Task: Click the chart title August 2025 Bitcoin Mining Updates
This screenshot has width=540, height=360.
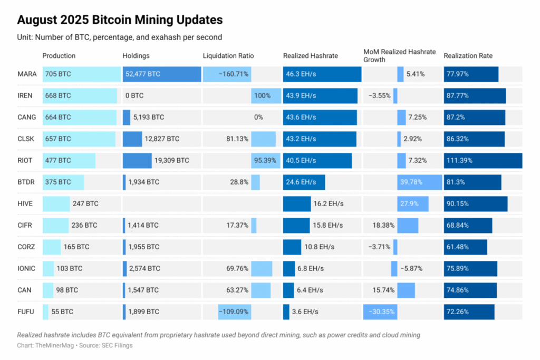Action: [120, 20]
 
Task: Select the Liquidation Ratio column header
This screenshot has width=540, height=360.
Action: [228, 56]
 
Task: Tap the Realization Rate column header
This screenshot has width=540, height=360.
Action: [468, 56]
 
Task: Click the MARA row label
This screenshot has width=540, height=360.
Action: [26, 74]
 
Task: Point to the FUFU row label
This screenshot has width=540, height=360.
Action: [26, 312]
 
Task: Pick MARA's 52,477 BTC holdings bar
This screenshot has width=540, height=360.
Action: [161, 74]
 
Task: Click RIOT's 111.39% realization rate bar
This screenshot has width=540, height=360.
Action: [483, 161]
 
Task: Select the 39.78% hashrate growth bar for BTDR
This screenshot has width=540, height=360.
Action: [419, 182]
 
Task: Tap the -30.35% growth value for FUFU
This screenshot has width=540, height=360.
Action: [380, 312]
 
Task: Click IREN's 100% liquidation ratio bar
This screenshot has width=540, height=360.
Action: [266, 96]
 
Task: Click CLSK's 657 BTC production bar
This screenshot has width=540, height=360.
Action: [79, 139]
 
